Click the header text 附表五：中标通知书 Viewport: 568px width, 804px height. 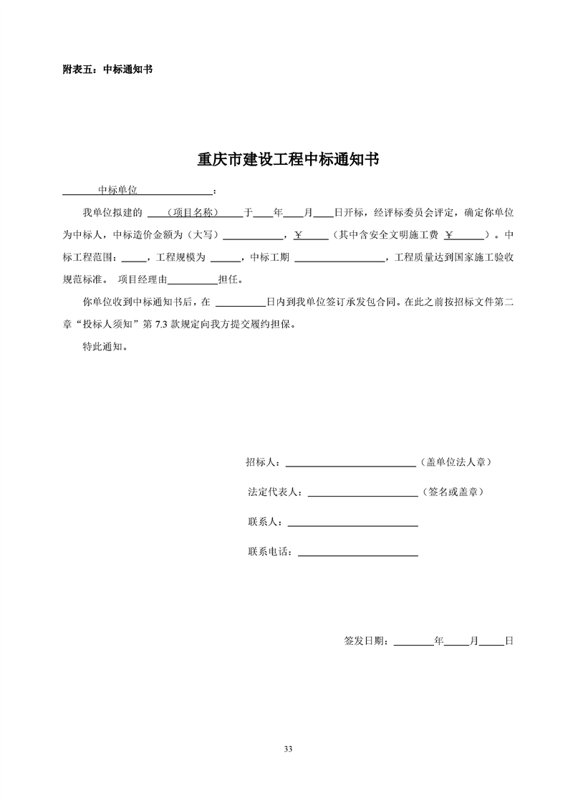pos(107,70)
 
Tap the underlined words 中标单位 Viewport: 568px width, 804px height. pos(117,191)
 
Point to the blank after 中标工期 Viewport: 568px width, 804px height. pos(340,257)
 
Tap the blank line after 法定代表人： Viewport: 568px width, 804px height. pos(362,493)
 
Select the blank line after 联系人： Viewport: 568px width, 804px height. pos(352,523)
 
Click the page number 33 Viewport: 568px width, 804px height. pos(288,749)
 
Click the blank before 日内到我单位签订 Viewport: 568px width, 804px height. pos(240,302)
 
